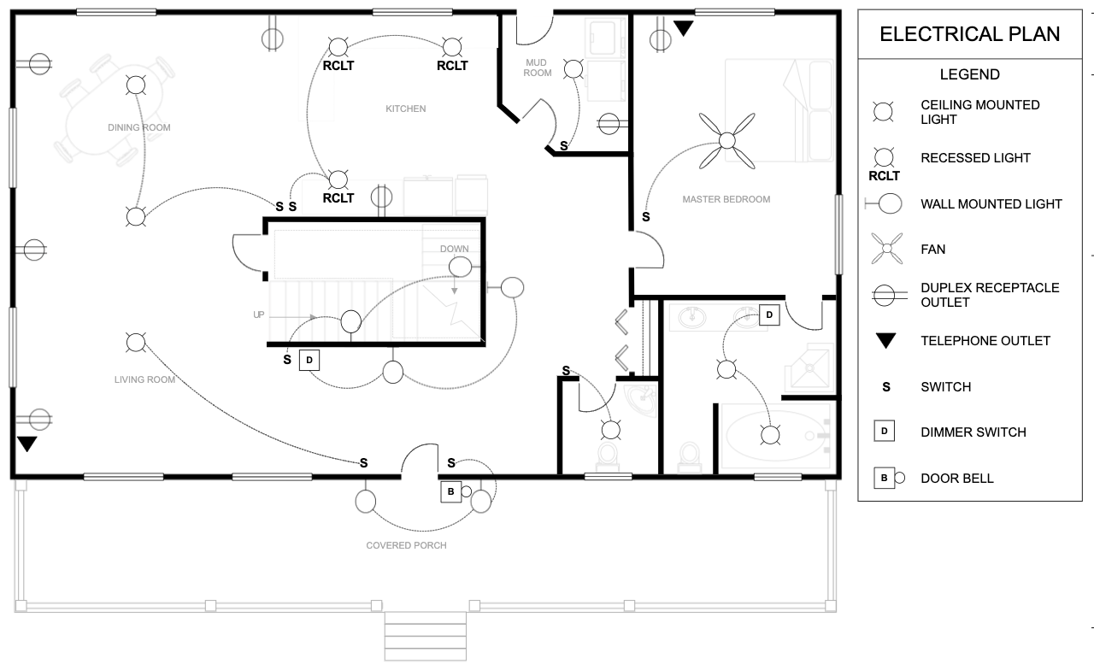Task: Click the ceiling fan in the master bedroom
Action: [727, 139]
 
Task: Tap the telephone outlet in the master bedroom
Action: [683, 29]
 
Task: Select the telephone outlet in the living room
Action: [27, 444]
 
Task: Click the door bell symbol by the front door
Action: [451, 491]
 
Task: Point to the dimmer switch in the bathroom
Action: [768, 315]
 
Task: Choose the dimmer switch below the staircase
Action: [309, 360]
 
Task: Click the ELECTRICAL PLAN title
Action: [969, 34]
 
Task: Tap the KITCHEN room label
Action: [405, 109]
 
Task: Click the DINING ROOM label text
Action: [138, 127]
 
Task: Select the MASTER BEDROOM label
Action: [726, 199]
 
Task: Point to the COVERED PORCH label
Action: [406, 545]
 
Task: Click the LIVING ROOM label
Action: [144, 379]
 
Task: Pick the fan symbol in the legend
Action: [885, 250]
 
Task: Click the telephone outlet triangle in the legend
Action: [885, 341]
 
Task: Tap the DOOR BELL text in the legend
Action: [956, 479]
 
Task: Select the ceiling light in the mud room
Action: [573, 69]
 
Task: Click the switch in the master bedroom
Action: [645, 217]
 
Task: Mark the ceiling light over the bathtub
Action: [771, 435]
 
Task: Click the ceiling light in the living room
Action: [135, 343]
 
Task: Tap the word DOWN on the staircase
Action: [454, 249]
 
